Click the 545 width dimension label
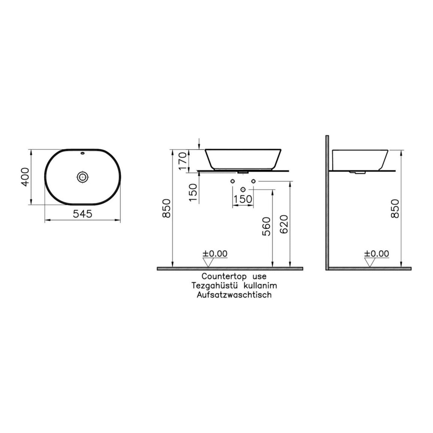pyautogui.click(x=82, y=214)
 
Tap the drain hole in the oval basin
pyautogui.click(x=83, y=177)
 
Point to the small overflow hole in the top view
pyautogui.click(x=82, y=153)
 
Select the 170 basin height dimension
pyautogui.click(x=183, y=161)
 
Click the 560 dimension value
pyautogui.click(x=266, y=226)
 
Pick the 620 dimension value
pyautogui.click(x=284, y=224)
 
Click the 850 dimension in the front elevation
pyautogui.click(x=167, y=208)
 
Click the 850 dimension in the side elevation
pyautogui.click(x=395, y=209)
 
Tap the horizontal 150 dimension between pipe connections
pyautogui.click(x=243, y=199)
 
